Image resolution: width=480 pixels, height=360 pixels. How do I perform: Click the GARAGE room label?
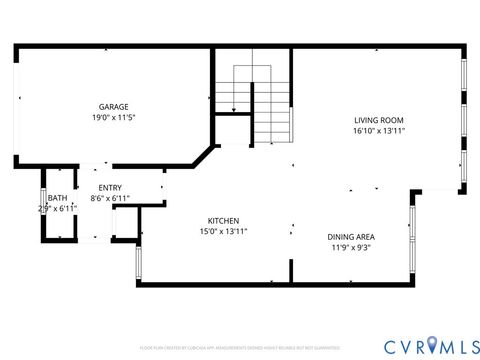[x=113, y=107]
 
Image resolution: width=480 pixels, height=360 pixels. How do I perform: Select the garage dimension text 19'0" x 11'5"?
[x=113, y=118]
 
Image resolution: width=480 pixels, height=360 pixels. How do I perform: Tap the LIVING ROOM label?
[x=378, y=119]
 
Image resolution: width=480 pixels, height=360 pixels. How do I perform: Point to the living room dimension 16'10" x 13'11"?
[x=378, y=130]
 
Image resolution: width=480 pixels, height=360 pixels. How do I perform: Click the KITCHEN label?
[x=222, y=220]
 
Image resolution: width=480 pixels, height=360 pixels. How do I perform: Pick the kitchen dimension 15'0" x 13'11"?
[x=222, y=231]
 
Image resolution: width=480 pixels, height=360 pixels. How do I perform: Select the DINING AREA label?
[x=350, y=237]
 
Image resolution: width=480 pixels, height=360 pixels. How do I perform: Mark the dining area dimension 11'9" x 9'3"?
[x=350, y=248]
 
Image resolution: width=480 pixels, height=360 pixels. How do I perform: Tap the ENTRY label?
[x=110, y=188]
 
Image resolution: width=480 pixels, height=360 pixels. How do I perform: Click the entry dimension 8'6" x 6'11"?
[x=110, y=199]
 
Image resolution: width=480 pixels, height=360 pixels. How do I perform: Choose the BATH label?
[x=57, y=198]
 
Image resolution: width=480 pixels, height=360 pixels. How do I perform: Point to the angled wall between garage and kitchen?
[x=204, y=156]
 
